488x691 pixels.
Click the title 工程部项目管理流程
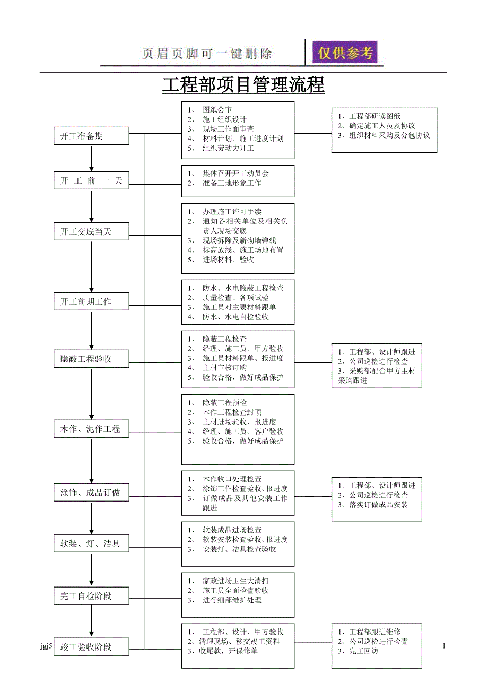[243, 85]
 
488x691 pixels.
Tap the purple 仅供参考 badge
[345, 53]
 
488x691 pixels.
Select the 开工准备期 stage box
[91, 136]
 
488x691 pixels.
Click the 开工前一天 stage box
[91, 181]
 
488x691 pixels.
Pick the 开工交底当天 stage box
[91, 232]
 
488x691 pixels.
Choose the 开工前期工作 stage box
[91, 301]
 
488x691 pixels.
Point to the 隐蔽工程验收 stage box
[91, 359]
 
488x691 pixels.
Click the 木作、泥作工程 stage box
[91, 429]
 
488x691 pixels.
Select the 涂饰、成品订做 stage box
[91, 493]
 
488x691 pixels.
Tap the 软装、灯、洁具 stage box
[91, 543]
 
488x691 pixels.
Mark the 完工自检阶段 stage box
[91, 596]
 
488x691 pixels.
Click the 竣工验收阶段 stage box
[91, 647]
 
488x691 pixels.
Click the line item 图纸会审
[217, 110]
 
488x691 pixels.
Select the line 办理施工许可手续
[231, 212]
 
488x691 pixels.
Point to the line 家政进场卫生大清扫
[235, 581]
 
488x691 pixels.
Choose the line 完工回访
[363, 651]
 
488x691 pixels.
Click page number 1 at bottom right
[444, 646]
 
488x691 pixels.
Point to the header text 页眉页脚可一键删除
[207, 54]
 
